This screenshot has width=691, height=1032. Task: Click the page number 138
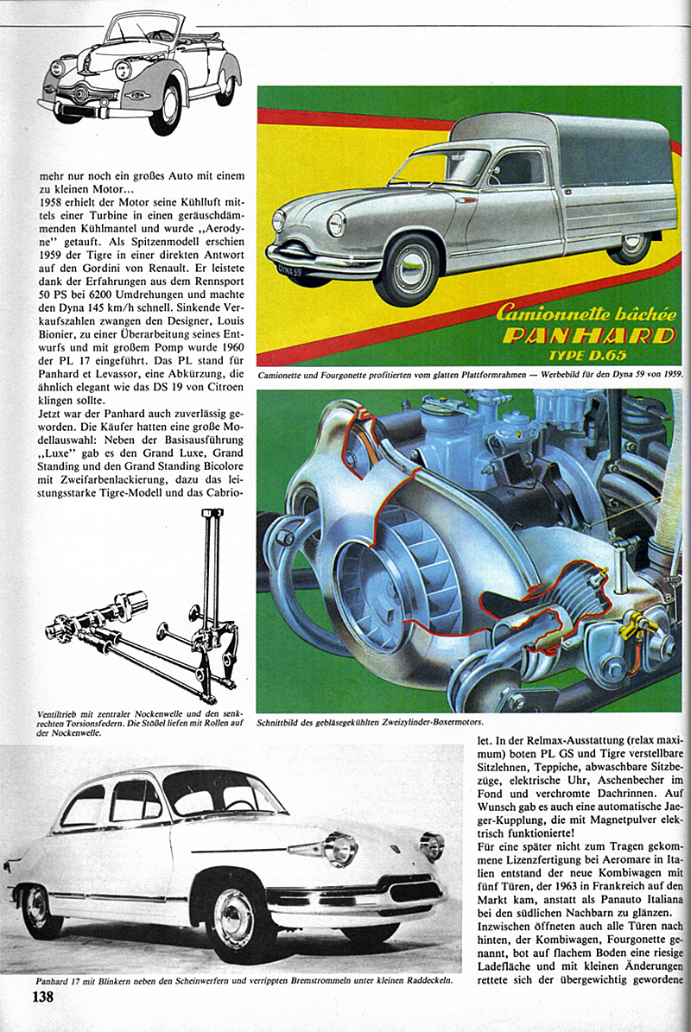tap(43, 997)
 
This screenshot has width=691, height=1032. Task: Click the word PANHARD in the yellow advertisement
tap(589, 335)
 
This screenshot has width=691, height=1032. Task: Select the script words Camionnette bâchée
tap(578, 313)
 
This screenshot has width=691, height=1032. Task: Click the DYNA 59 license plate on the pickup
tap(289, 271)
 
